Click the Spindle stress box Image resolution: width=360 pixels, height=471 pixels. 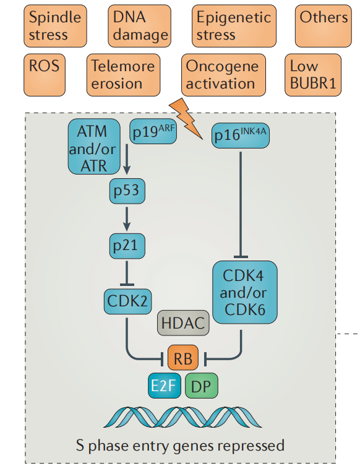55,26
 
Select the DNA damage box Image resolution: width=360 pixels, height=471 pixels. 140,26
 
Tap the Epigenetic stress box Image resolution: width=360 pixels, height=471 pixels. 234,26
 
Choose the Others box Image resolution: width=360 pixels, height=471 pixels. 324,26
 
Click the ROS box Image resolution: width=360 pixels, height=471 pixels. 45,75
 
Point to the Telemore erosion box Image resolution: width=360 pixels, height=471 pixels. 124,75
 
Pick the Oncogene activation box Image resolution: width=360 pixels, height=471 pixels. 224,75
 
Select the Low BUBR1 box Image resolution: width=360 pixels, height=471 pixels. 313,75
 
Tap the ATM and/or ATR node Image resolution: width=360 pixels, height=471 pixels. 94,147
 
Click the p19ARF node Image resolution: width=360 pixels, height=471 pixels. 153,131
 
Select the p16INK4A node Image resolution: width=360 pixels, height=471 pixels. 241,136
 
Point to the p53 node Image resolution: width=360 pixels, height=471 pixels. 127,191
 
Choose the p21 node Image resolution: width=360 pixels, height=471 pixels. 127,246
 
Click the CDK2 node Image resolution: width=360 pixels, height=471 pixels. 127,301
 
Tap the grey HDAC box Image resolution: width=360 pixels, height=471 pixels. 183,323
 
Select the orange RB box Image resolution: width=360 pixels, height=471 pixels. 183,358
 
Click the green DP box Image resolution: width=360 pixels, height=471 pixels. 202,386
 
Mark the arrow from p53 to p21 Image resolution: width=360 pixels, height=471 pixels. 127,218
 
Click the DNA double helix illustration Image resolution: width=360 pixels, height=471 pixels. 182,417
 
